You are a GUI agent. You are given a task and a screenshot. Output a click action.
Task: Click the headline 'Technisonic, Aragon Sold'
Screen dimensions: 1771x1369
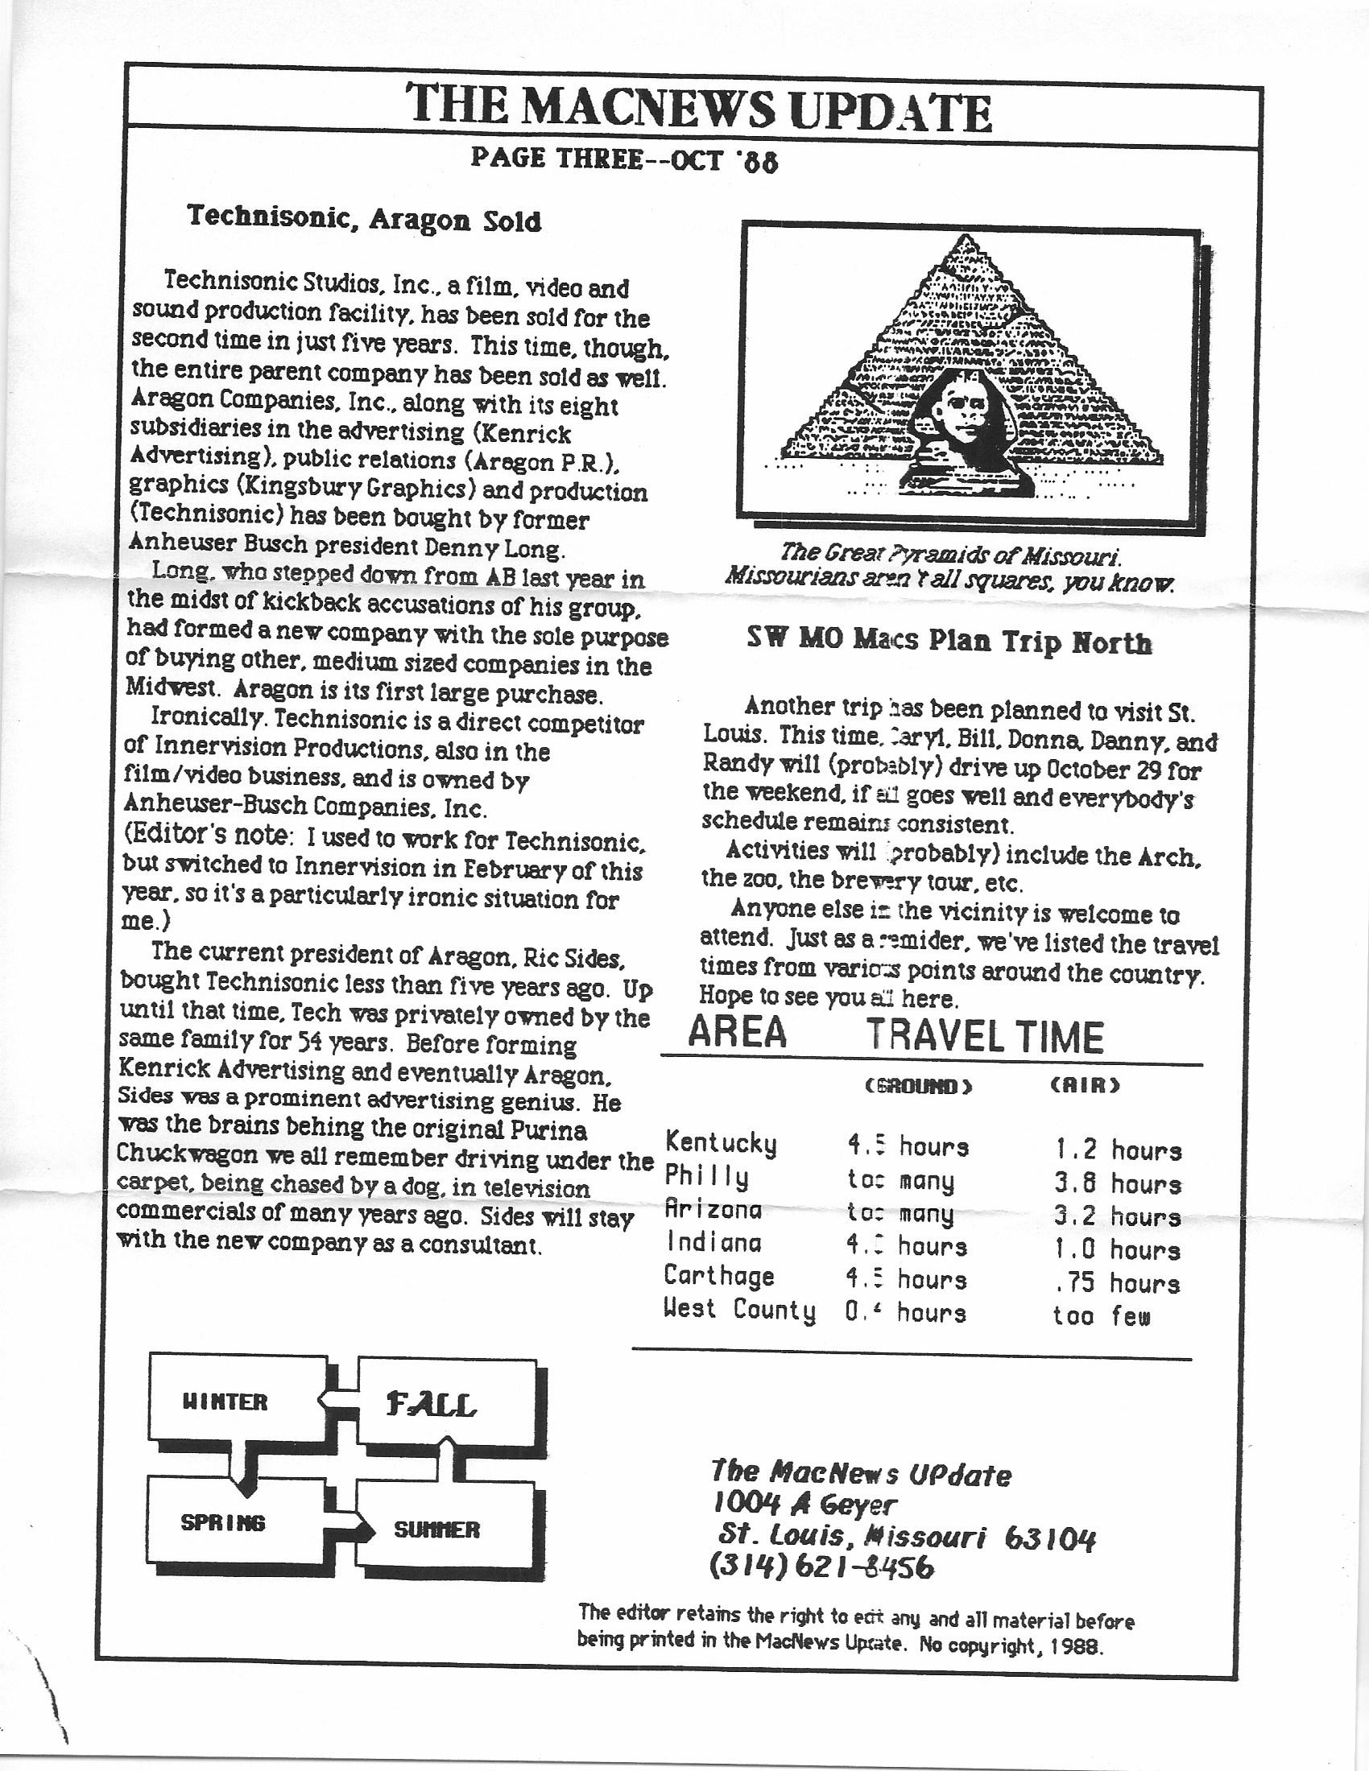(364, 220)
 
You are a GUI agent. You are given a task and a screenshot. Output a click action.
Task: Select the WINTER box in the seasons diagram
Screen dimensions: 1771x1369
(225, 1402)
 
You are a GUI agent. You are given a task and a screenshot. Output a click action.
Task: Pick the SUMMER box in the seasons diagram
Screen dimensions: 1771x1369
(436, 1529)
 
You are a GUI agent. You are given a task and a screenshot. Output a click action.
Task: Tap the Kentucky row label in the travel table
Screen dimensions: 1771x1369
(721, 1143)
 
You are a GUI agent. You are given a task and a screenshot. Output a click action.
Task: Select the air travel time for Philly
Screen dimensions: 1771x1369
(1117, 1183)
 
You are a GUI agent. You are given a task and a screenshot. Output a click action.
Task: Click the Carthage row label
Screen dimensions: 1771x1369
(719, 1276)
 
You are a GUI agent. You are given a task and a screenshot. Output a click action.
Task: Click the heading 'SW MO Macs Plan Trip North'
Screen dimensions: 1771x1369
(949, 642)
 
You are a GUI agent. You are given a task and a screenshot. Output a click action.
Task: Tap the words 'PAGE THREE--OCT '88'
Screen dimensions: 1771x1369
(624, 159)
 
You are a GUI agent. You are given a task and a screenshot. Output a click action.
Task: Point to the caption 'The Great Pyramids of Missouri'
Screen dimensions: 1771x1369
(949, 555)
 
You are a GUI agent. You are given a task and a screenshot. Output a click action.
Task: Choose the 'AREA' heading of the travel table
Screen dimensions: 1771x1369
(737, 1032)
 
